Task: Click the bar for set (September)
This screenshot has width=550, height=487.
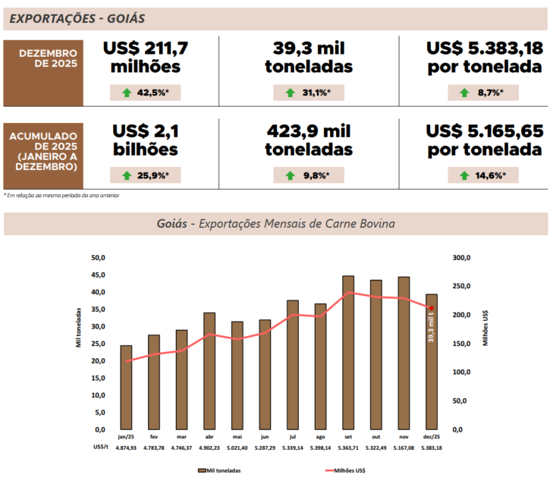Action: click(x=348, y=352)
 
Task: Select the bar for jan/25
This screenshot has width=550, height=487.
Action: click(x=126, y=387)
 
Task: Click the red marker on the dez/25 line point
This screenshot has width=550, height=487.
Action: click(x=432, y=308)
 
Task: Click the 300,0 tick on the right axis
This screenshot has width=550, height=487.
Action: click(x=460, y=258)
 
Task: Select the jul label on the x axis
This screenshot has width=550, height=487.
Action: click(x=293, y=437)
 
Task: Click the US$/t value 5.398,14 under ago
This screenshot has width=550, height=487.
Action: click(x=320, y=448)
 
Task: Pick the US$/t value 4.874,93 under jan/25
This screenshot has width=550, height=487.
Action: click(x=126, y=448)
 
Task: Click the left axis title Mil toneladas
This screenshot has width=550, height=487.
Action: click(x=78, y=326)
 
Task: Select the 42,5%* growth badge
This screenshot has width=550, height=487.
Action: click(x=145, y=93)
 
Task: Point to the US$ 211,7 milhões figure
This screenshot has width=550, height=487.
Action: click(x=146, y=58)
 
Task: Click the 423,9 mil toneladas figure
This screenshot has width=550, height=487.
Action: click(x=309, y=140)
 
